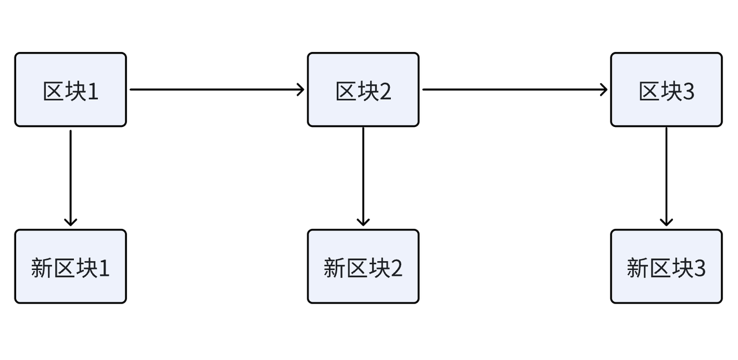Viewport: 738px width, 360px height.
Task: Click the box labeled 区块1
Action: pos(70,89)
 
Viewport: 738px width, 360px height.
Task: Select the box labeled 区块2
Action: pos(363,89)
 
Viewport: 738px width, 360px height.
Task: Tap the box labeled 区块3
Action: pos(666,89)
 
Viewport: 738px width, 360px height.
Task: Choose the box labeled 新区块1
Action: pos(70,267)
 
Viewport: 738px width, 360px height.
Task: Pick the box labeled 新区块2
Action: pos(363,267)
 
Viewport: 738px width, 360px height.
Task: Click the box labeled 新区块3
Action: pos(666,267)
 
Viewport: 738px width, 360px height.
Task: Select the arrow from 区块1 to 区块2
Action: pos(216,89)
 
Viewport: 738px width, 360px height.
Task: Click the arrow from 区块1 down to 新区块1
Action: pos(70,176)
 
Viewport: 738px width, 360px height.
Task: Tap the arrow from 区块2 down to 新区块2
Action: pos(363,176)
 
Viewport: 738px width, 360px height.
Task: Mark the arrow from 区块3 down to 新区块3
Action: pos(666,176)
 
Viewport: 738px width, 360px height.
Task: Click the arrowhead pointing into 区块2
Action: pos(300,89)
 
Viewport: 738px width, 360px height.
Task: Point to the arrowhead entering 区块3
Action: pos(604,89)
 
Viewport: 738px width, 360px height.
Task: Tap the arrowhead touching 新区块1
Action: pos(70,222)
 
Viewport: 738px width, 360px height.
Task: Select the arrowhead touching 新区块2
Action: pos(363,222)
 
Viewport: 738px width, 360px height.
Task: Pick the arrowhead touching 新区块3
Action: pos(666,222)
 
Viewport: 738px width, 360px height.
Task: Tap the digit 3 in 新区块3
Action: pos(699,269)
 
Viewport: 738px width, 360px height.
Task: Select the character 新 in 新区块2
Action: pos(334,268)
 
